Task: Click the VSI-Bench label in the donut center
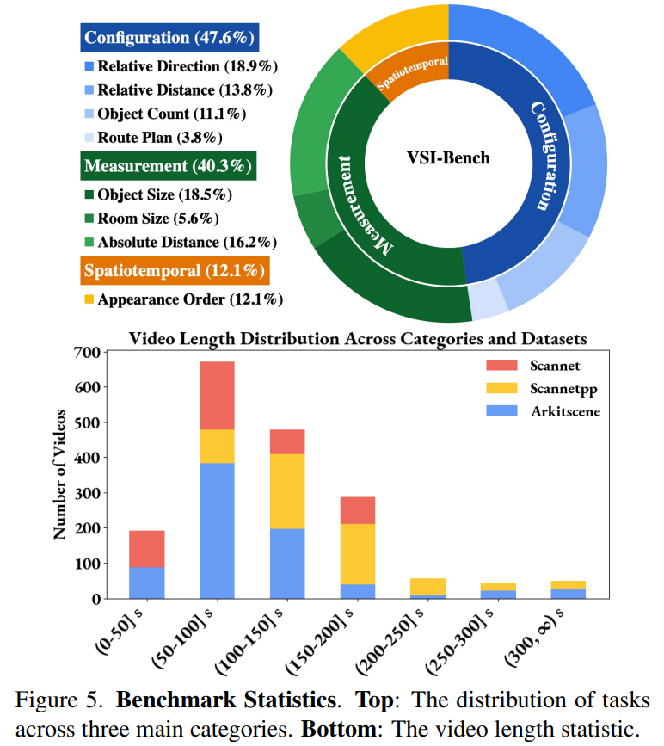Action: (x=448, y=158)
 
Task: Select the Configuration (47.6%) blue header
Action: (x=170, y=38)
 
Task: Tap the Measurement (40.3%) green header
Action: (x=170, y=166)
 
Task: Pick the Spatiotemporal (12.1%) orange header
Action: (x=175, y=271)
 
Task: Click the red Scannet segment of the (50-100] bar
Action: (x=217, y=395)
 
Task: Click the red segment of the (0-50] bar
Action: (x=147, y=548)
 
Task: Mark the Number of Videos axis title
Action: (x=60, y=474)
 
